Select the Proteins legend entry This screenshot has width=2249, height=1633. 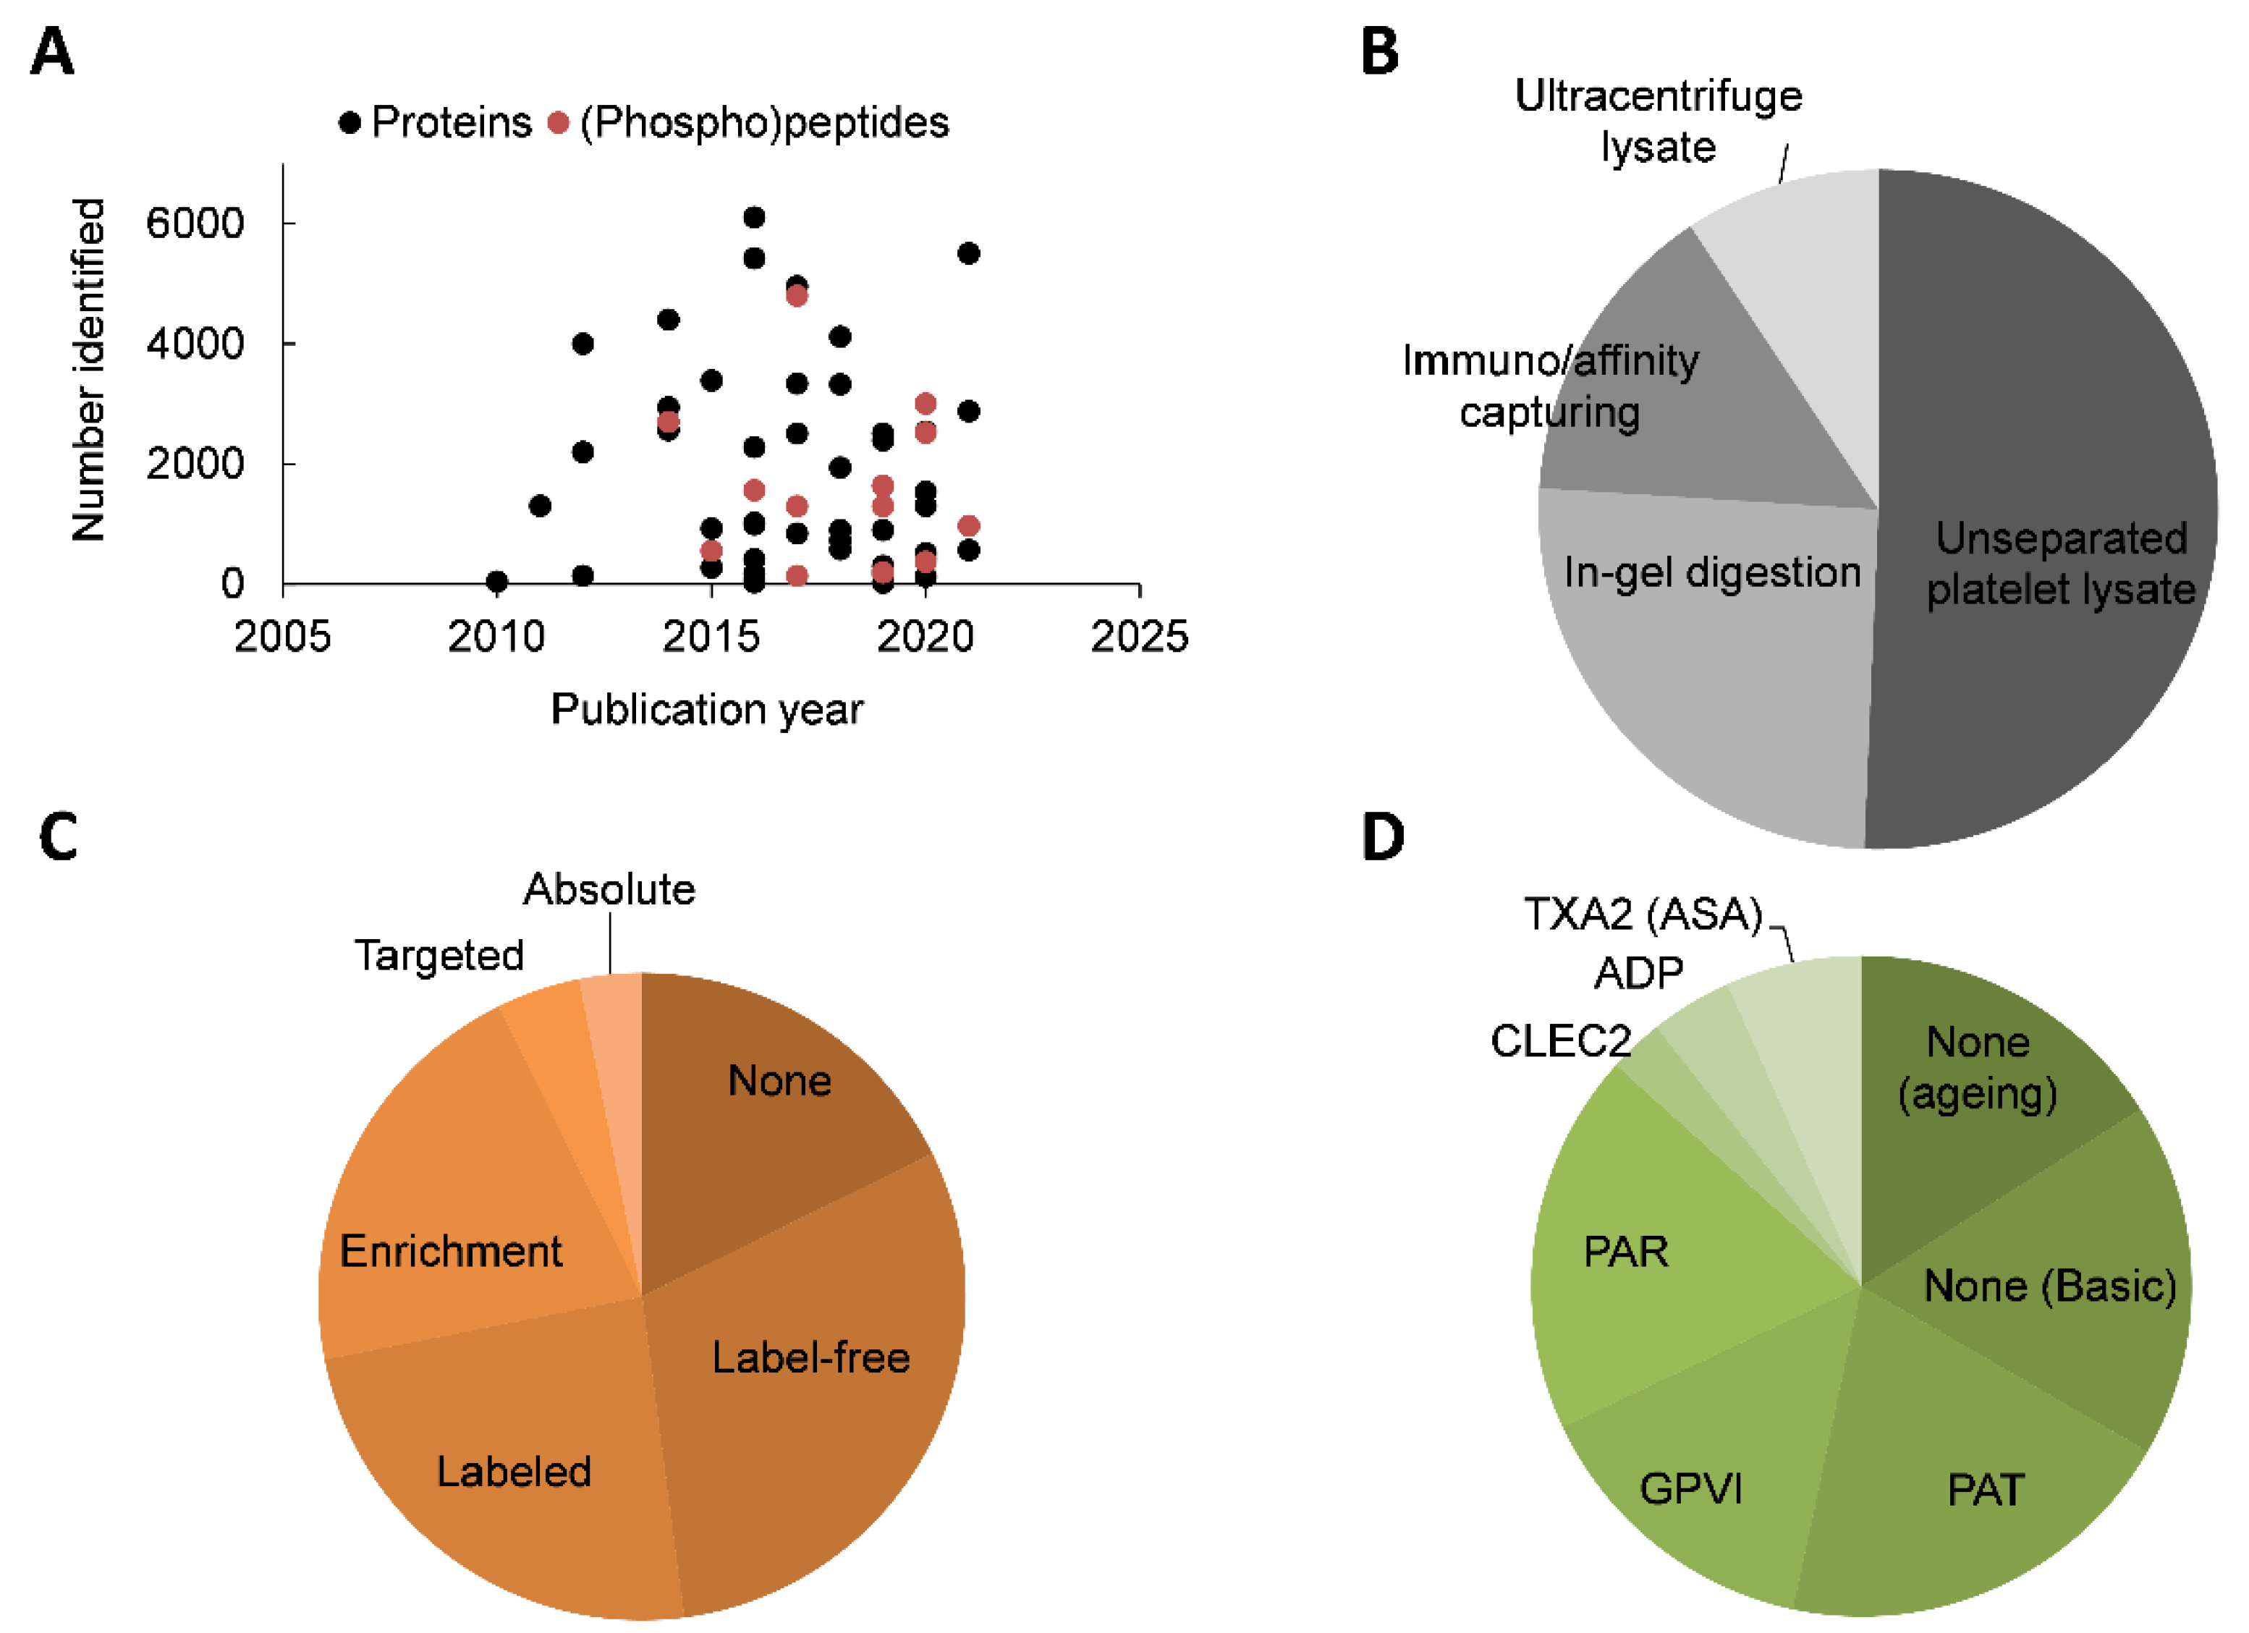click(436, 123)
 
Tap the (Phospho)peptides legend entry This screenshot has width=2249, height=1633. click(750, 123)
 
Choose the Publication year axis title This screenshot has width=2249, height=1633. click(707, 710)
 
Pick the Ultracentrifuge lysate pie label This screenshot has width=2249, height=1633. click(1658, 121)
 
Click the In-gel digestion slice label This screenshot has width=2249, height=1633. click(1713, 572)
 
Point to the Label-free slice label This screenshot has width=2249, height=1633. click(811, 1357)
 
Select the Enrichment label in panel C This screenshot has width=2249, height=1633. click(452, 1251)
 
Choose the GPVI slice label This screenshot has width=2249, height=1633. click(1690, 1488)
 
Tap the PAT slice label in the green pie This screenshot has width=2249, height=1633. click(1985, 1490)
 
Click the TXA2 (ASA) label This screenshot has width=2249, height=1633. click(1643, 914)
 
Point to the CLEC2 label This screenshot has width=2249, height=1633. click(1561, 1041)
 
